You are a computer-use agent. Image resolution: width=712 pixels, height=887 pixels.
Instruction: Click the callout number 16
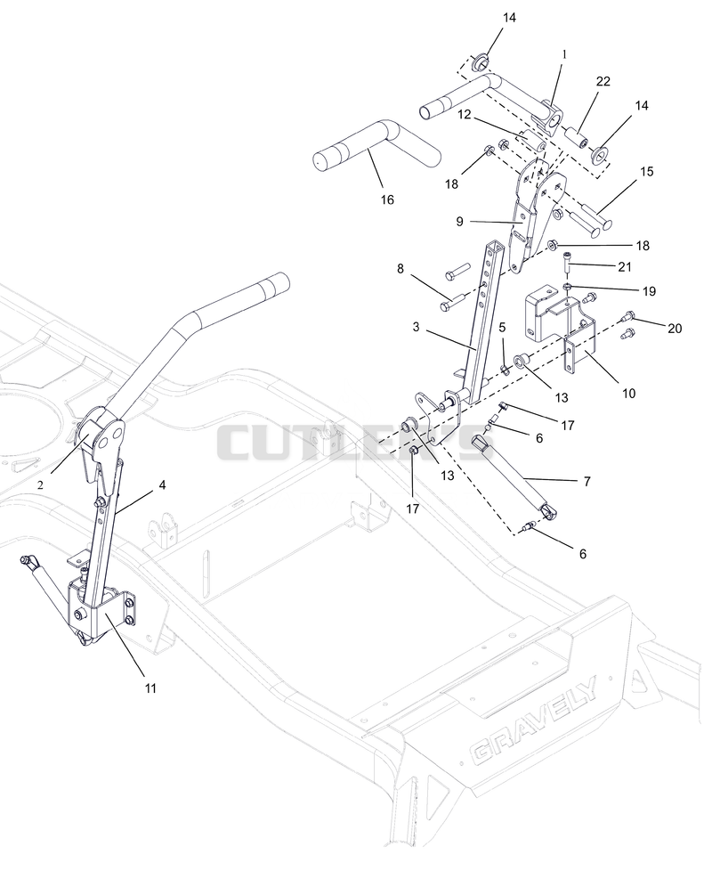click(x=387, y=199)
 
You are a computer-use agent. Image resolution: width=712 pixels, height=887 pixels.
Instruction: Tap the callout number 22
click(x=603, y=81)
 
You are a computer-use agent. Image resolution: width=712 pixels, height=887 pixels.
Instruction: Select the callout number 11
click(x=150, y=688)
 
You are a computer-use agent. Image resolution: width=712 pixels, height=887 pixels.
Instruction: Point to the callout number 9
click(x=459, y=222)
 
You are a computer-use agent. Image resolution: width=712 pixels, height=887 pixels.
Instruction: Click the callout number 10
click(x=628, y=393)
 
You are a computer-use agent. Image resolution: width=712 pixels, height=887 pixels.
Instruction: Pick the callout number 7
click(x=587, y=482)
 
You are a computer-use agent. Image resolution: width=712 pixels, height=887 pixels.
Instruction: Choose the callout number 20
click(x=675, y=328)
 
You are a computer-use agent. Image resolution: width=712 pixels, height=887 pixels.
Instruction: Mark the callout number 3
click(x=417, y=327)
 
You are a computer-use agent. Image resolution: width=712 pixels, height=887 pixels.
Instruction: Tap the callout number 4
click(x=162, y=484)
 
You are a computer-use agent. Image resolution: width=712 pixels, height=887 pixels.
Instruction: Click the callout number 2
click(x=40, y=484)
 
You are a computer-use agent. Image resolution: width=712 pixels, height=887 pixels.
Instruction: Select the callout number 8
click(x=400, y=268)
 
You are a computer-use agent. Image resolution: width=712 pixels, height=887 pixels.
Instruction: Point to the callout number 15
click(x=646, y=171)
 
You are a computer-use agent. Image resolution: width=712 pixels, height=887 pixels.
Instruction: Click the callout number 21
click(x=625, y=266)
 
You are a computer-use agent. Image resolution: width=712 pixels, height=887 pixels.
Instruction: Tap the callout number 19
click(x=649, y=291)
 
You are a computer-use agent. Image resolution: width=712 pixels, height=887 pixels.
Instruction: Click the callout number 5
click(x=502, y=327)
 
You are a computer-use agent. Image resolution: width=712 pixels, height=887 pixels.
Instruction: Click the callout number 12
click(x=464, y=115)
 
